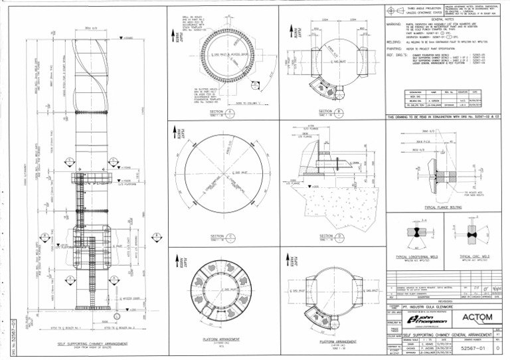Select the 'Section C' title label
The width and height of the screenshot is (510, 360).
pos(217,236)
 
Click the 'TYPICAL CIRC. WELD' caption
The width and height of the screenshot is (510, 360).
pos(474,255)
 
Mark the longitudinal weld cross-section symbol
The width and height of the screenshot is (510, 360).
pos(413,234)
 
